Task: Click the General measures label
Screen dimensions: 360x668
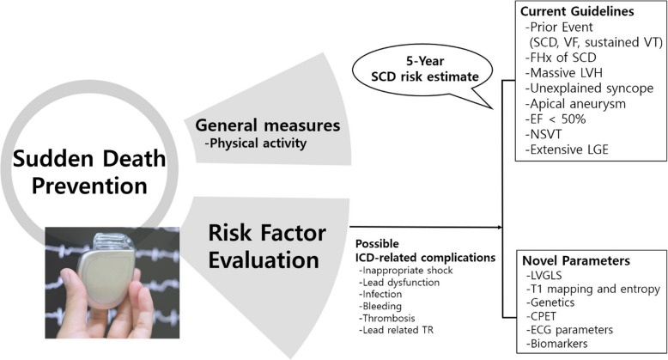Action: (270, 126)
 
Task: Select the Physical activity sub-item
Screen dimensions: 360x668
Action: (258, 143)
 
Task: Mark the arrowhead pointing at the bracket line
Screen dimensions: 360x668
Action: (498, 228)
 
